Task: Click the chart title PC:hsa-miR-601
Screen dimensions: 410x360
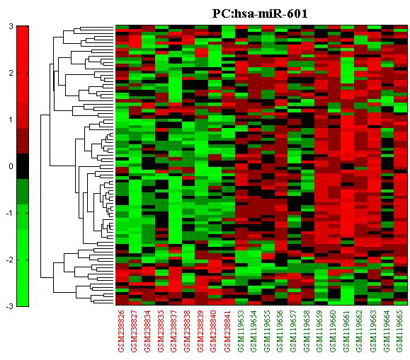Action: click(x=260, y=13)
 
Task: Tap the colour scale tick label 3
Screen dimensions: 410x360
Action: click(x=11, y=26)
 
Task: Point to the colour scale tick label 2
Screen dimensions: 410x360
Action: click(x=11, y=73)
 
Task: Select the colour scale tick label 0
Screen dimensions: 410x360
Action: click(x=11, y=166)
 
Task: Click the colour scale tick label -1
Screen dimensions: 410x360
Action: click(x=9, y=213)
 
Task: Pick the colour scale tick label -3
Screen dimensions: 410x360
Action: click(x=9, y=306)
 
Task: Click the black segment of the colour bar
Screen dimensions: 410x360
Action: click(x=23, y=166)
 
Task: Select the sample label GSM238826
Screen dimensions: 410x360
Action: click(x=122, y=331)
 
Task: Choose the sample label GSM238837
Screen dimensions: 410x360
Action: click(x=175, y=331)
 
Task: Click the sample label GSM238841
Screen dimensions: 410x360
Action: click(x=228, y=331)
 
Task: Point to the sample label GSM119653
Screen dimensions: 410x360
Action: click(x=241, y=331)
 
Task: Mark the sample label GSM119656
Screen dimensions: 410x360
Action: click(x=281, y=331)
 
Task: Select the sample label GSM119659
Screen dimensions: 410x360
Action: click(x=321, y=331)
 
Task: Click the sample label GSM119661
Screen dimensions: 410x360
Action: click(x=348, y=331)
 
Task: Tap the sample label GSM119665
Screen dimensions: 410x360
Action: click(x=401, y=331)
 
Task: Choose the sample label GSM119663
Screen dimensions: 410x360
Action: click(x=374, y=331)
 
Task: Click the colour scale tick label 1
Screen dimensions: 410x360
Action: click(x=11, y=120)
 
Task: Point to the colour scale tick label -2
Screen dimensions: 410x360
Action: click(x=9, y=260)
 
